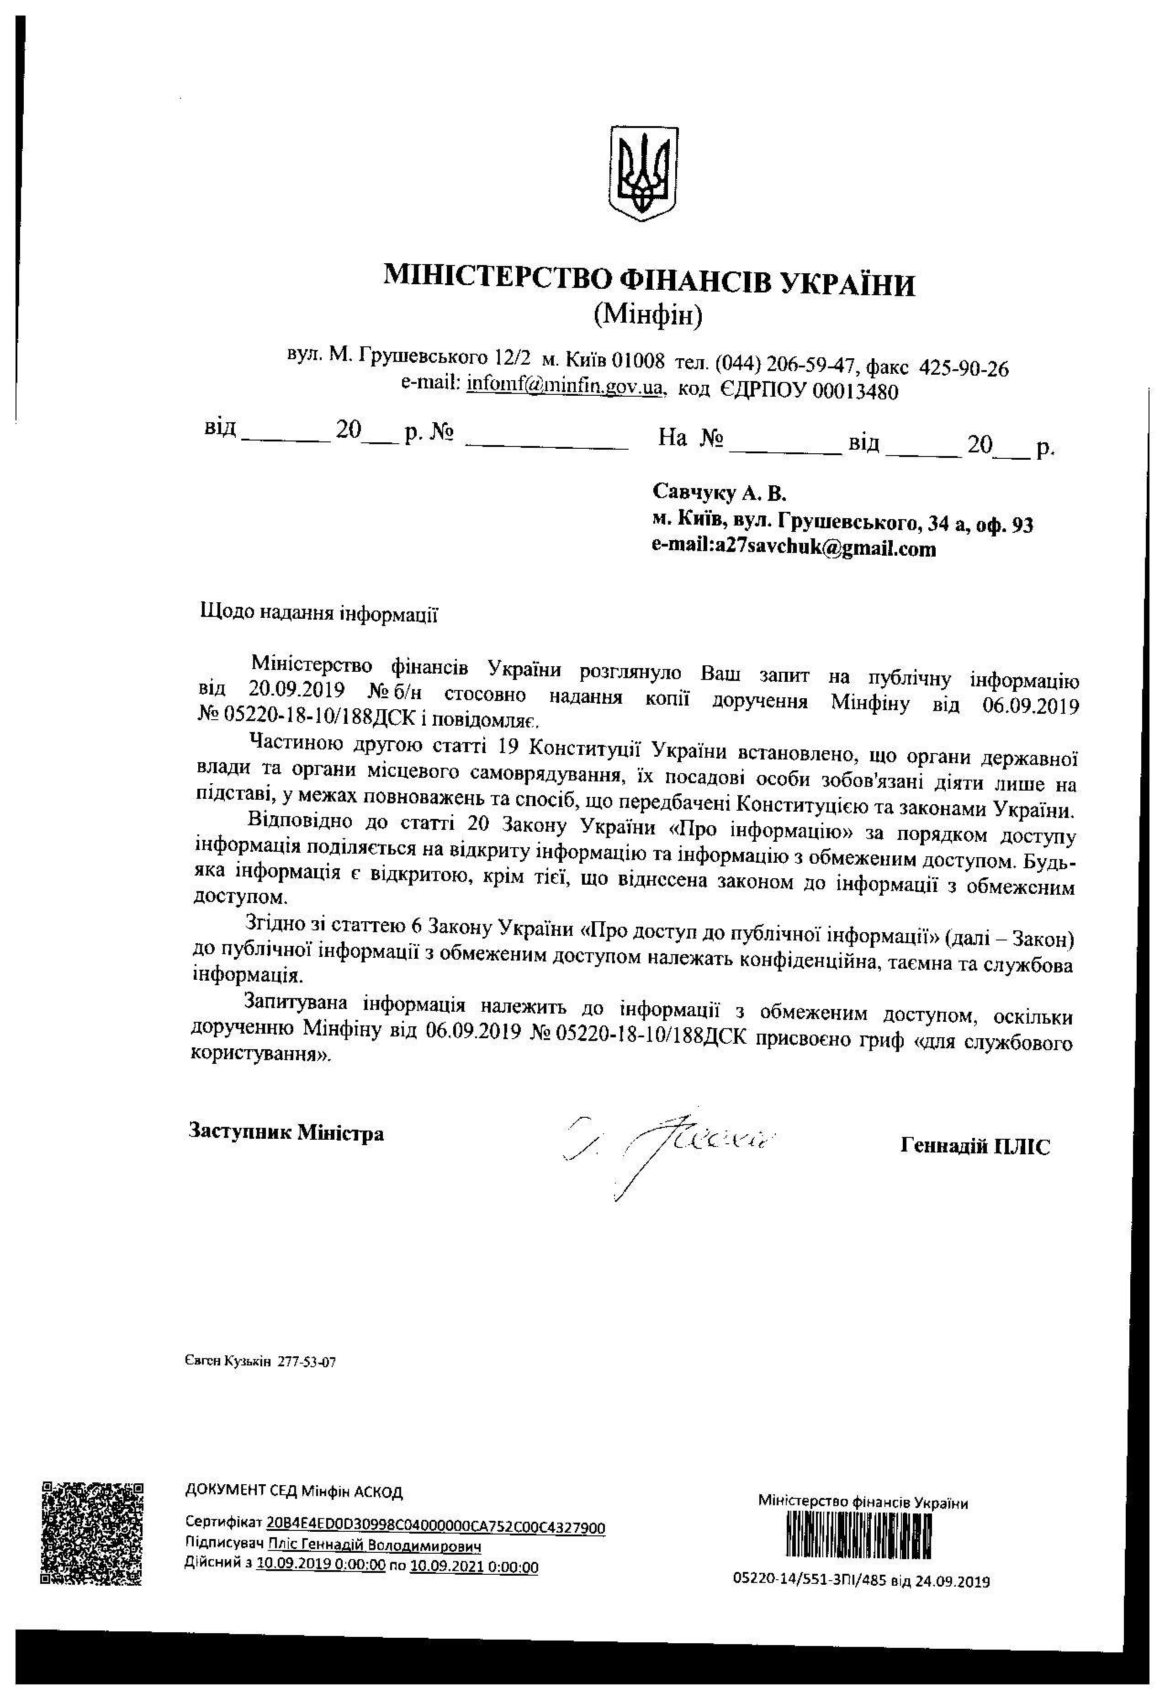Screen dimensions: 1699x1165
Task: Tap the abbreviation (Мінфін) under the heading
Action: coord(647,316)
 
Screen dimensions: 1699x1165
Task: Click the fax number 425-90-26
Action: coord(963,368)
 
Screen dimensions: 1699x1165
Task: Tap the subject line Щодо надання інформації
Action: coord(318,613)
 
